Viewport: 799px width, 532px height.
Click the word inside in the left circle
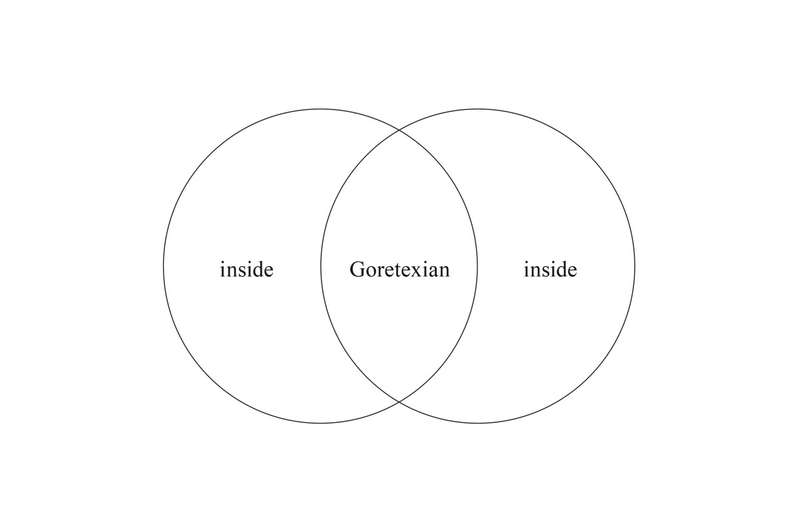pos(246,270)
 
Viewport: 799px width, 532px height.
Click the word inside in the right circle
pos(550,270)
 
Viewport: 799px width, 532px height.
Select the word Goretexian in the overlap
pos(400,270)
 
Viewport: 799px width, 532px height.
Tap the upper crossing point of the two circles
pos(399,130)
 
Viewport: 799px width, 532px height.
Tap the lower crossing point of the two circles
pos(399,402)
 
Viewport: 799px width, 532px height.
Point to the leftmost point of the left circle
pos(163,266)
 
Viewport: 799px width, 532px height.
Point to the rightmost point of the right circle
pos(635,266)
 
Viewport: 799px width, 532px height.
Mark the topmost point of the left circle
pos(320,109)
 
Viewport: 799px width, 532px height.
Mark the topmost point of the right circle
pos(477,109)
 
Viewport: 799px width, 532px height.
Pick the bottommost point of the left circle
pos(320,423)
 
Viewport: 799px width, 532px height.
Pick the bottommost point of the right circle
pos(477,423)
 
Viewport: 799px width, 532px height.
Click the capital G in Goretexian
pos(357,270)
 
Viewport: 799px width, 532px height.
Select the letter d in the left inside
pos(257,270)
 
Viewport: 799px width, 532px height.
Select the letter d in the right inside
pos(561,270)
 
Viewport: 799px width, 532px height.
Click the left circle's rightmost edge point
pos(477,266)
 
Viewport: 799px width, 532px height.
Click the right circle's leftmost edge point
pos(320,266)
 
